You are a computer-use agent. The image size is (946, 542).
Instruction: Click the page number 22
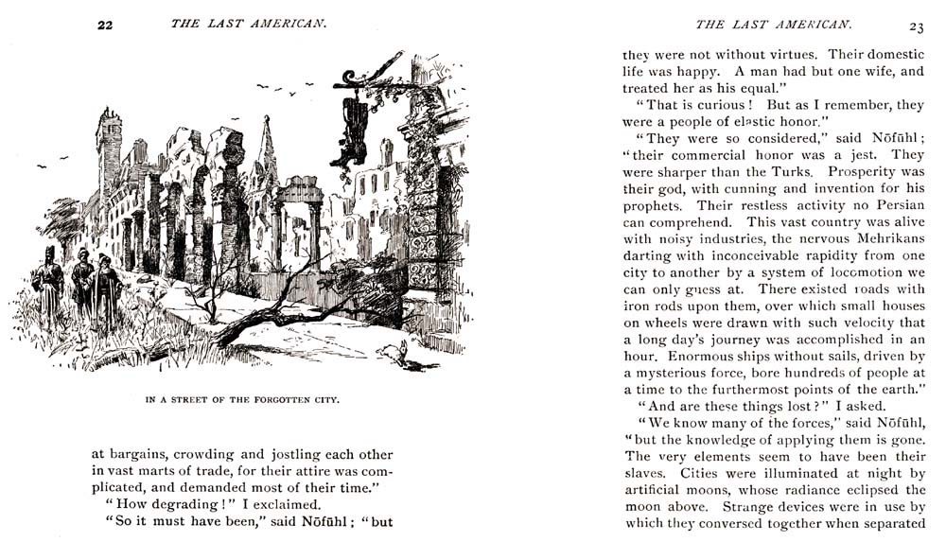coord(105,26)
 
